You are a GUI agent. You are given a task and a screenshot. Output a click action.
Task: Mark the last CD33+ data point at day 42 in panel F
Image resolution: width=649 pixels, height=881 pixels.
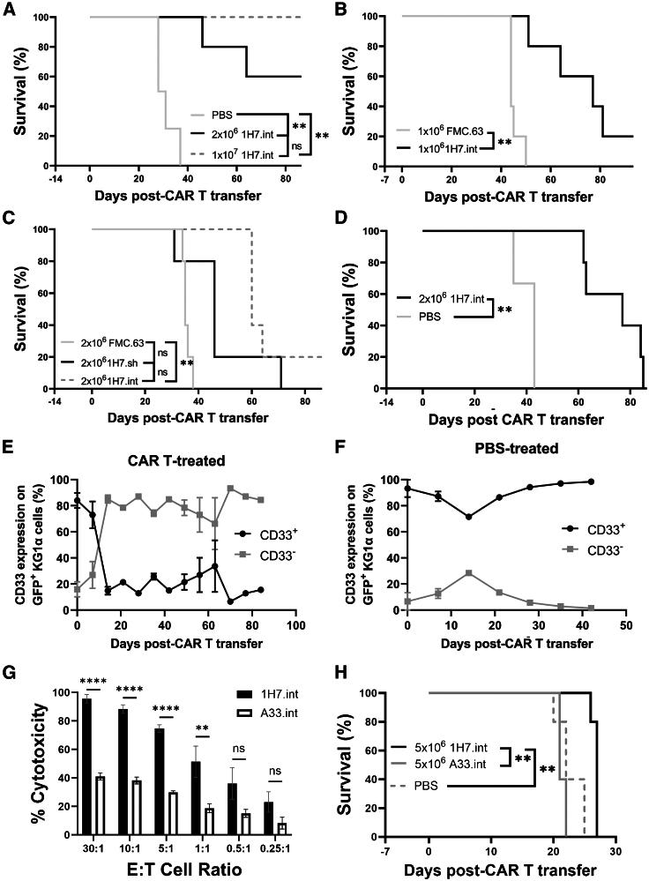(x=590, y=482)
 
